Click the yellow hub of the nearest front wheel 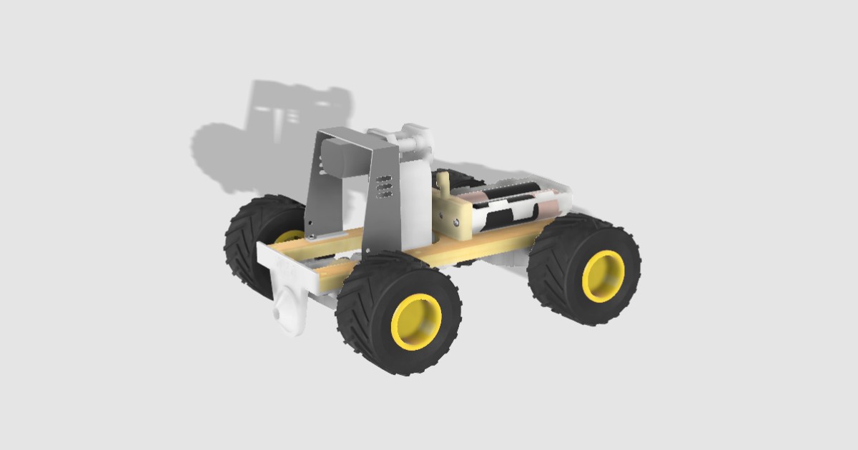[x=417, y=322]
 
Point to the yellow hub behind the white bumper [x=290, y=236]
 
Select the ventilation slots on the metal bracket [x=384, y=185]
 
